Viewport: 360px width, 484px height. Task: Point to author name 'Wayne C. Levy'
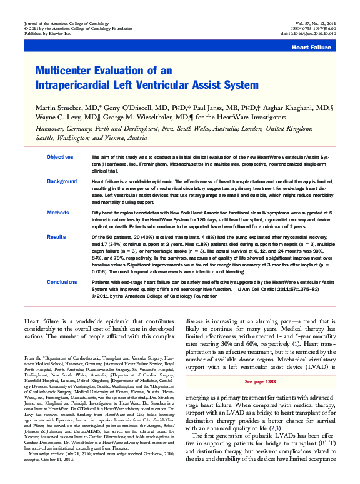pos(59,116)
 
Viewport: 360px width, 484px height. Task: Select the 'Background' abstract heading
pos(62,181)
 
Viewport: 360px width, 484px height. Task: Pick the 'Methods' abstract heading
pos(57,213)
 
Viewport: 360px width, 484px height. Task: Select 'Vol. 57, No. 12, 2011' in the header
pos(319,22)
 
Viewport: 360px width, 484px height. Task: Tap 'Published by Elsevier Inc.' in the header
pos(46,34)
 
